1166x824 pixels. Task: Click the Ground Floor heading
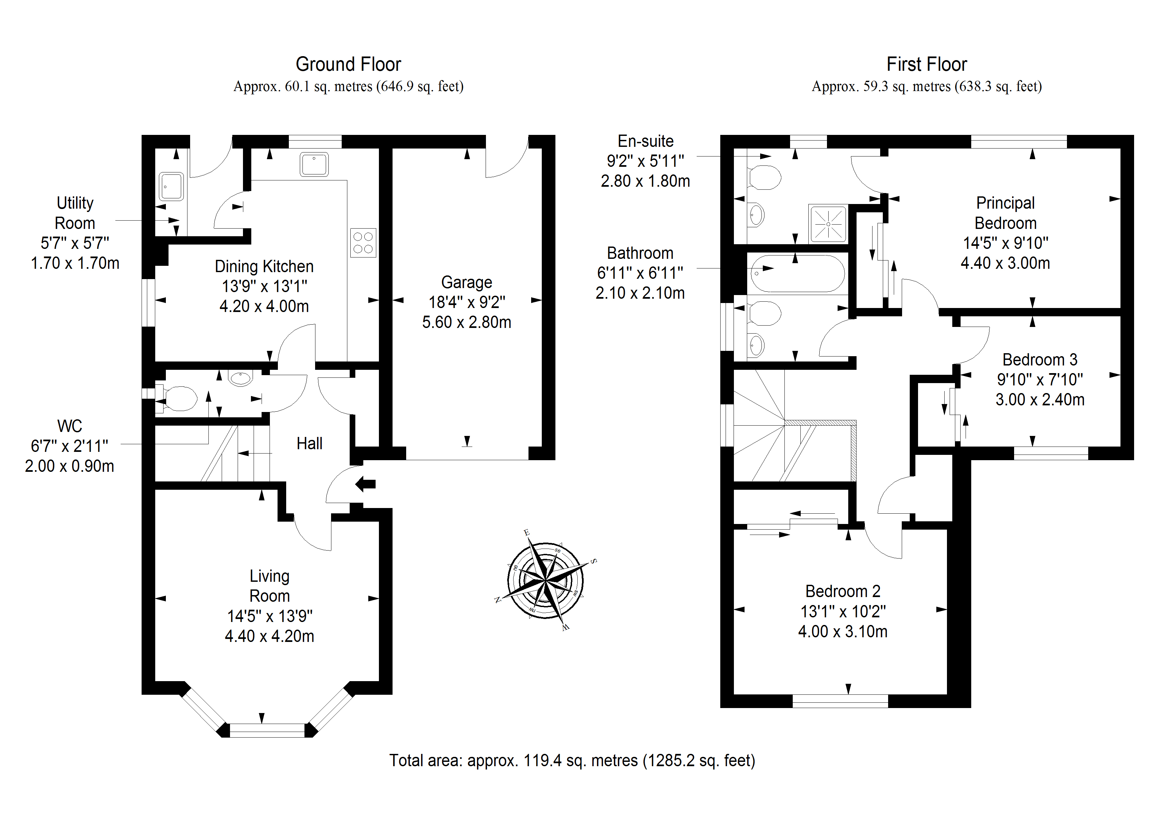pos(348,64)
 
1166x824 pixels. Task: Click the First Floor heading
pos(926,64)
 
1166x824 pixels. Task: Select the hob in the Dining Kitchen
pos(363,243)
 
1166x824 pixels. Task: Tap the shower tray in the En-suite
pos(828,224)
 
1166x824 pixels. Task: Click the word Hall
pos(309,444)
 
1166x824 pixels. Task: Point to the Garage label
pos(466,282)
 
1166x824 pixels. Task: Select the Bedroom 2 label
pos(843,591)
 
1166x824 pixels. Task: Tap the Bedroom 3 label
pos(1040,360)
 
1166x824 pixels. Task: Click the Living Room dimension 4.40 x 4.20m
pos(269,636)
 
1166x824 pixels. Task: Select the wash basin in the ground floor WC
pos(240,378)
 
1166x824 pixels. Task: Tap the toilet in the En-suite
pos(765,178)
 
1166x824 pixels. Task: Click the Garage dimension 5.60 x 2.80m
pos(466,322)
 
